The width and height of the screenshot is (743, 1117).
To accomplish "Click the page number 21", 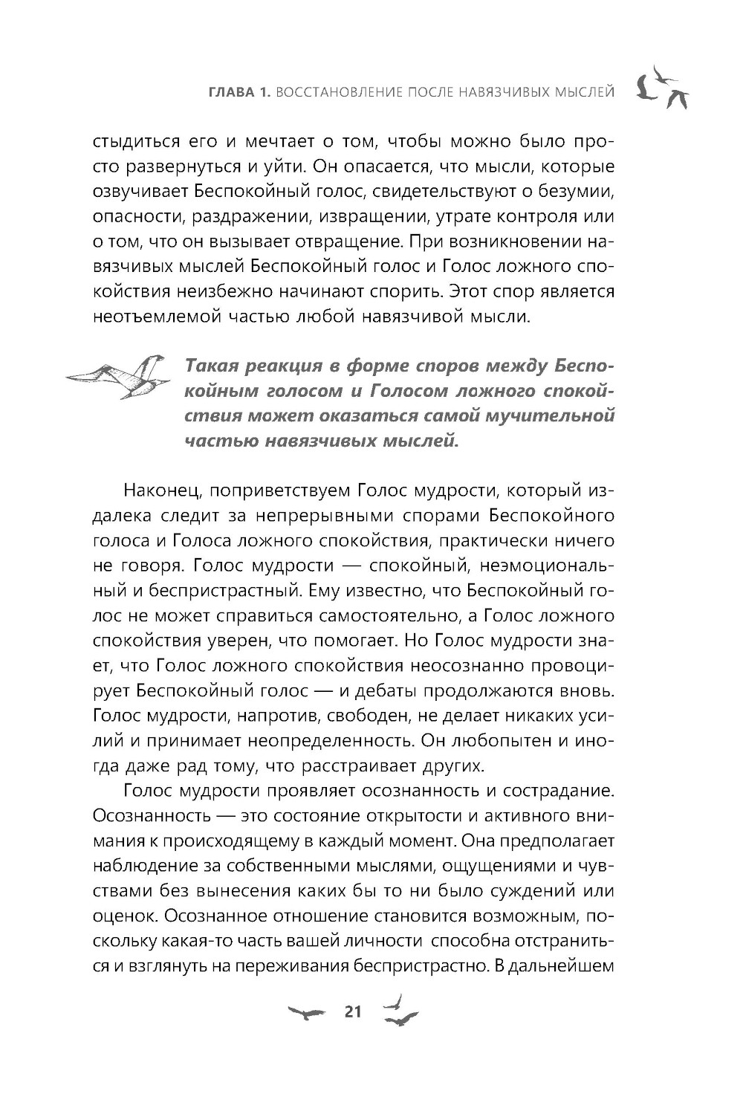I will click(x=351, y=1011).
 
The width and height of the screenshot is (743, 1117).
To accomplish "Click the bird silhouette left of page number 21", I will click(x=305, y=1013).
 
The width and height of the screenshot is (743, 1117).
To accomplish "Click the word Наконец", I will click(x=158, y=491).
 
